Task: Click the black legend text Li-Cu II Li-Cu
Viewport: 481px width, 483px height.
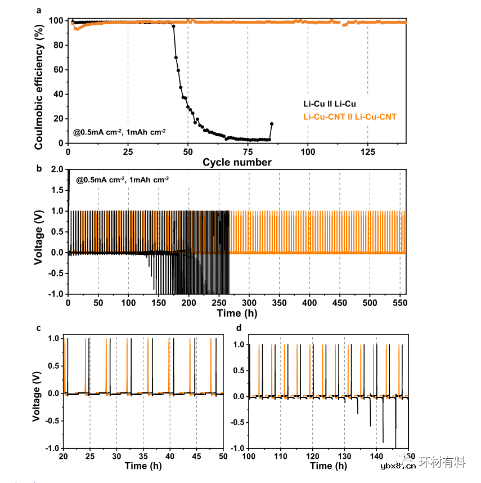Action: tap(330, 104)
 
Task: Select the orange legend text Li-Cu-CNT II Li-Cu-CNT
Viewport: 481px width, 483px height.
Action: tap(350, 117)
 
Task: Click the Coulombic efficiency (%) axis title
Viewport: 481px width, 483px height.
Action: tap(39, 82)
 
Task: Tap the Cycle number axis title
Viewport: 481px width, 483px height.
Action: tap(237, 163)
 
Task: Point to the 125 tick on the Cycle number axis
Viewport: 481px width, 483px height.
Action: tap(368, 152)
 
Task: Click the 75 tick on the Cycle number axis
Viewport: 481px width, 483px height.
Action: tap(248, 152)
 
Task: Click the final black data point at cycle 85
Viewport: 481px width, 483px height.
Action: tap(272, 124)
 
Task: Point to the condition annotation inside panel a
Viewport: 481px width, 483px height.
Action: tap(119, 132)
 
